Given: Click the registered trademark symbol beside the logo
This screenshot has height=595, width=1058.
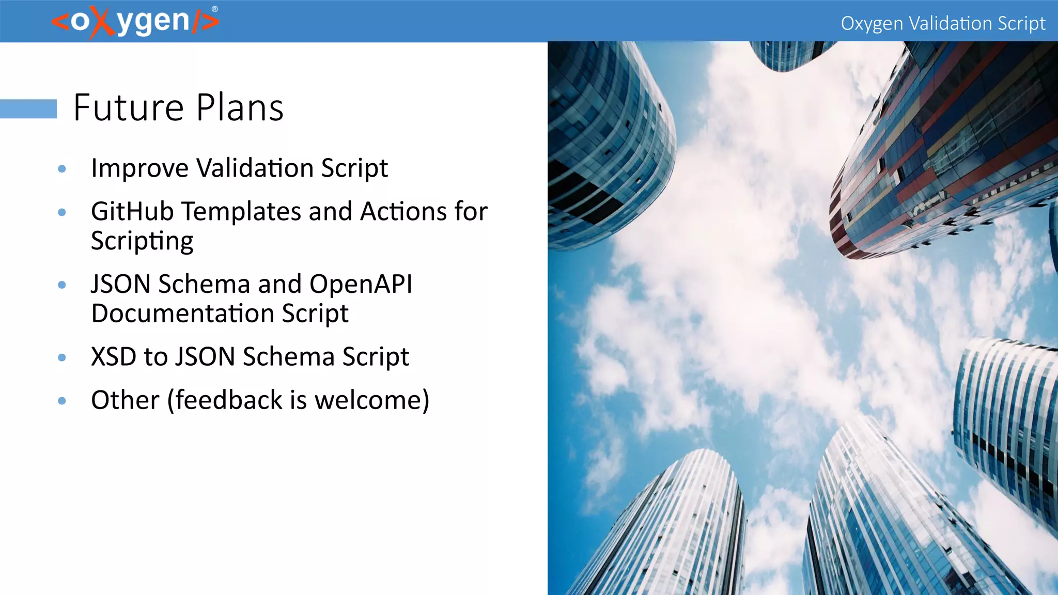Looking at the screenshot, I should tap(215, 9).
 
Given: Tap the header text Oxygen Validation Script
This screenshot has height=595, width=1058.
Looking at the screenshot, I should tap(943, 23).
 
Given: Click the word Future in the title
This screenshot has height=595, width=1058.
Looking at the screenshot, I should tap(129, 108).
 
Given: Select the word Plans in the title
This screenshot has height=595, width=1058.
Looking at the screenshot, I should tap(240, 108).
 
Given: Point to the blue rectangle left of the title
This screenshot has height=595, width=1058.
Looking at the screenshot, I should tap(28, 109).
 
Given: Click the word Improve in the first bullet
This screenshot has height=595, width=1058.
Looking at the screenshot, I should tap(140, 169).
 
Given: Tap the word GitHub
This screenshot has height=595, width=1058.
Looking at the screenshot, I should tap(132, 211).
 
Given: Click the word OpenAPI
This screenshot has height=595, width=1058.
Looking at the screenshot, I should tap(361, 285).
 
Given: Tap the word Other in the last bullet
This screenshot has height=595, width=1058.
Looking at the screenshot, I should tap(125, 400).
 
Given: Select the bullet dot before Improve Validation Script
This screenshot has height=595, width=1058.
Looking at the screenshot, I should tap(62, 169).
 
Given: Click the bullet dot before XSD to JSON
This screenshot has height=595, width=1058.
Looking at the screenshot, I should tap(62, 357).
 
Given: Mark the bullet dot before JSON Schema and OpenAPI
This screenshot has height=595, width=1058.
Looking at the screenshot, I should tap(62, 285).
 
